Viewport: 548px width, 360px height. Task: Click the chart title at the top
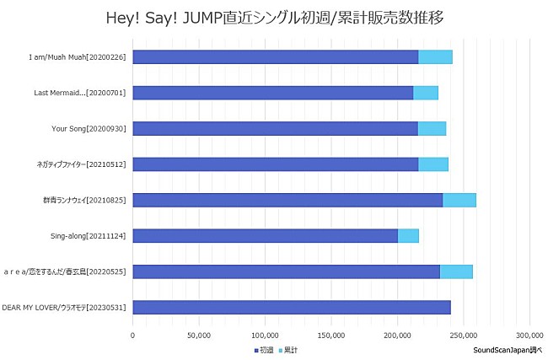(x=275, y=17)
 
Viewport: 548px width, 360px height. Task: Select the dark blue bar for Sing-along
(x=265, y=235)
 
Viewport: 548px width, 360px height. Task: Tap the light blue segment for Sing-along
(x=408, y=235)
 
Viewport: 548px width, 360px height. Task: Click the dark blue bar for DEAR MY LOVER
(x=292, y=307)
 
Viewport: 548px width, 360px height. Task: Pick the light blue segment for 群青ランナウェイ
(x=459, y=200)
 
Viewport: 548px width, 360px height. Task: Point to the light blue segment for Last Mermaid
(x=426, y=93)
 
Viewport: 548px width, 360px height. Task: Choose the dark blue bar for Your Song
(x=275, y=128)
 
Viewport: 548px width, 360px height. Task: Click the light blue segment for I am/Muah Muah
(x=435, y=56)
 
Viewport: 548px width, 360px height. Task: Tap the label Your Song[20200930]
(x=89, y=128)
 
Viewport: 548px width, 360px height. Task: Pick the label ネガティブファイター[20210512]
(x=85, y=164)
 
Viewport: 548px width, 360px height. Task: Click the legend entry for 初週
(x=263, y=349)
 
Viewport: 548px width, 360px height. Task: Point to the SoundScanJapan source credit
(x=508, y=349)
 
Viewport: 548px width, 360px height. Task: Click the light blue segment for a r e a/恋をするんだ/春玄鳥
(x=456, y=271)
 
